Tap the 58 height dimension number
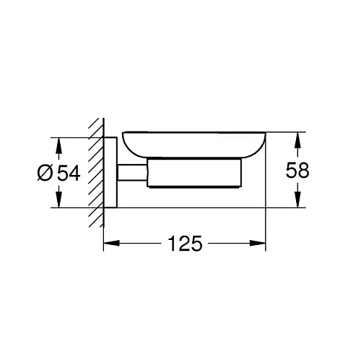[x=297, y=171]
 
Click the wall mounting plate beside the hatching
[x=110, y=171]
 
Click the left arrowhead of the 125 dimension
[x=109, y=242]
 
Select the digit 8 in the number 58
[x=304, y=171]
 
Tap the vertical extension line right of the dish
[x=266, y=217]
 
